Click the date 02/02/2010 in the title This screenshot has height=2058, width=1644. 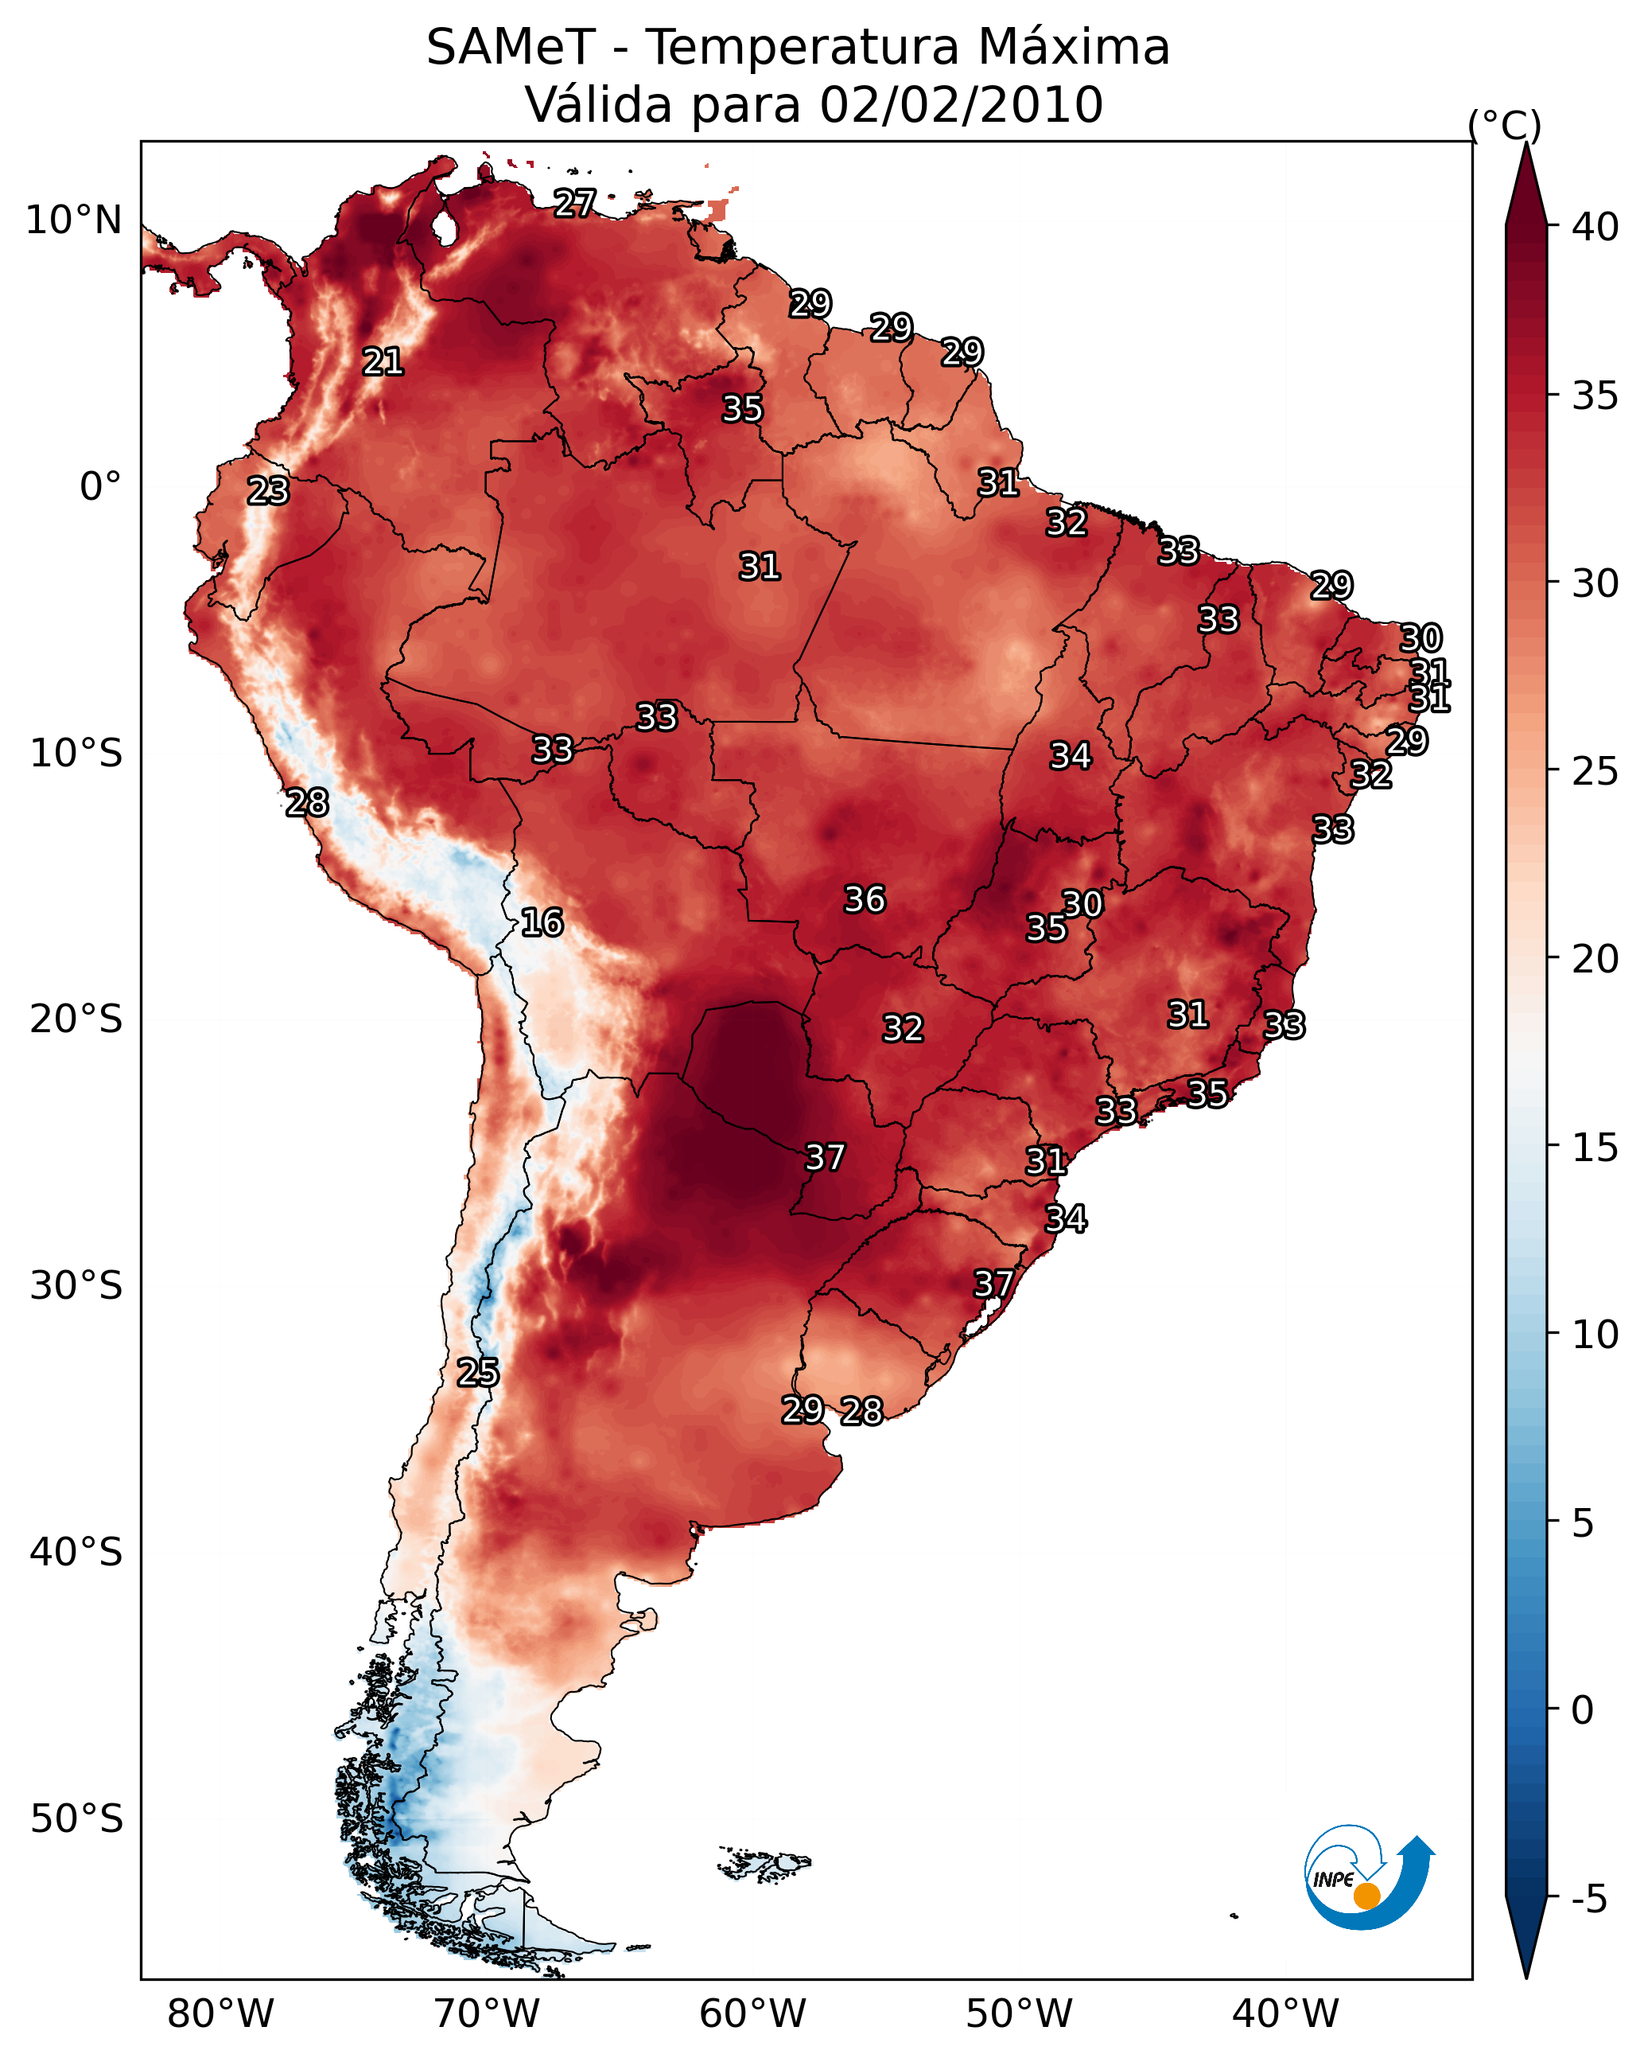(961, 104)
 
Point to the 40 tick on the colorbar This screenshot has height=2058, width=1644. (1595, 227)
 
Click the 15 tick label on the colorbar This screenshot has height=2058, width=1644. (1595, 1148)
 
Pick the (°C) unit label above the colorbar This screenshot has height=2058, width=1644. (1505, 125)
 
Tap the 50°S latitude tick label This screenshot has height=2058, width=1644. (76, 1818)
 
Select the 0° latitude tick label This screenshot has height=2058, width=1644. (100, 487)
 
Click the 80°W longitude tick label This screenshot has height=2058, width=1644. (220, 2014)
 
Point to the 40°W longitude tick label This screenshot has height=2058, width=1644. (1285, 2014)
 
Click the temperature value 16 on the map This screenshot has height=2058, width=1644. (542, 922)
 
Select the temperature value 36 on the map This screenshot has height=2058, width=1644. (865, 899)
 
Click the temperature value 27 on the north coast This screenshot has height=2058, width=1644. (575, 203)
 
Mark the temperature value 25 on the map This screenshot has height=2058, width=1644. (478, 1373)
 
